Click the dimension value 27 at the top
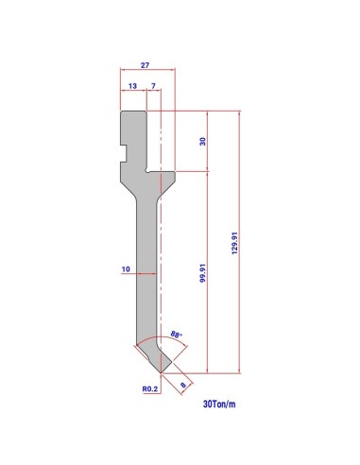click(x=145, y=65)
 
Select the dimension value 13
click(x=132, y=86)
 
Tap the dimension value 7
click(x=153, y=86)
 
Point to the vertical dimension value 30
click(x=203, y=141)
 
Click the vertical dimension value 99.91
click(x=203, y=273)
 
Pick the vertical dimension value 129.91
click(x=234, y=243)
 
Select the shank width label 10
click(x=126, y=269)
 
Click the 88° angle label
click(x=177, y=335)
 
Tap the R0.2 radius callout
click(x=150, y=389)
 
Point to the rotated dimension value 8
click(x=182, y=385)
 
